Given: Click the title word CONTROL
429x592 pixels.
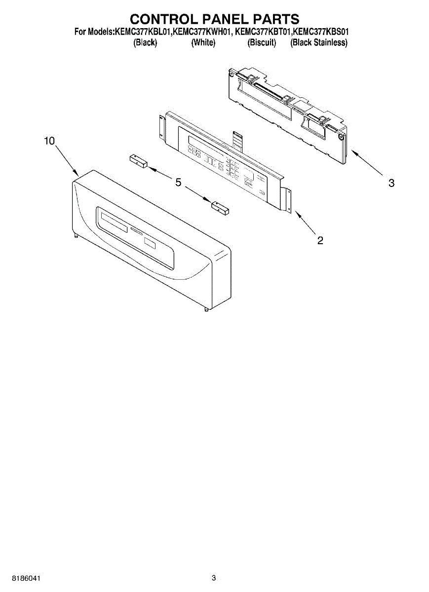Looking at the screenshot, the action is click(x=161, y=19).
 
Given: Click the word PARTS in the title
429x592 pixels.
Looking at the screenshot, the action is click(x=275, y=19).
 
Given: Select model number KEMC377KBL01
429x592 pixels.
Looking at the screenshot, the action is click(x=143, y=32).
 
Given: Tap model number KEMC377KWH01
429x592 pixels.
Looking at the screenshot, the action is click(x=203, y=32).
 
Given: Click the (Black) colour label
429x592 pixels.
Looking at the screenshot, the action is click(x=145, y=43).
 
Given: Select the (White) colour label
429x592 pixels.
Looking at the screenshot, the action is click(x=203, y=43).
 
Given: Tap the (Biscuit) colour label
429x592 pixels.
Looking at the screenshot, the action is click(x=262, y=43).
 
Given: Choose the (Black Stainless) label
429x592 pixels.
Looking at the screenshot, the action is click(x=319, y=43).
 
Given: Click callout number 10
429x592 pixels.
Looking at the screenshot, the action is click(x=49, y=141).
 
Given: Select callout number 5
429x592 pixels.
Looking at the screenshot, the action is click(x=178, y=183).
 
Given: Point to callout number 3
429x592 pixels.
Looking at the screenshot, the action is click(x=391, y=183).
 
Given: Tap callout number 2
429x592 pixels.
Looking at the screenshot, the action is click(x=320, y=240).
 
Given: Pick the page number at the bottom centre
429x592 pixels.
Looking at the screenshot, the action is click(x=214, y=578).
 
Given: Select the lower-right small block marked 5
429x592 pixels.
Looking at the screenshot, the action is click(x=220, y=208).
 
